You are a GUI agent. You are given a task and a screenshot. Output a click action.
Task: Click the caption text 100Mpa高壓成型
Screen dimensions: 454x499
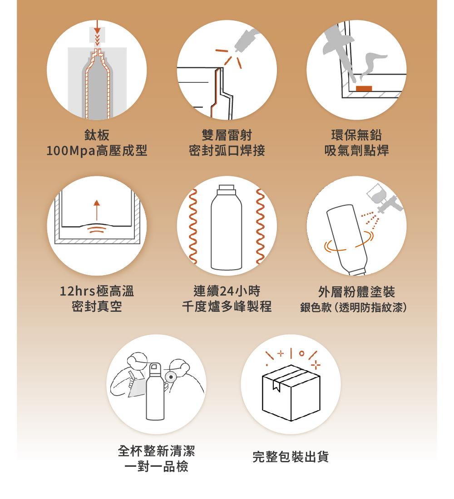coord(97,150)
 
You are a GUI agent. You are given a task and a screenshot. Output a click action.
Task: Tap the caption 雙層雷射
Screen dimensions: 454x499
coord(227,135)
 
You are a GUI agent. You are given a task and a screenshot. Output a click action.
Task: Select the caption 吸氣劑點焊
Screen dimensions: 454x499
coord(356,150)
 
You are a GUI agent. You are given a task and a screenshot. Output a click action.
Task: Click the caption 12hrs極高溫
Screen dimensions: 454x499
coord(97,291)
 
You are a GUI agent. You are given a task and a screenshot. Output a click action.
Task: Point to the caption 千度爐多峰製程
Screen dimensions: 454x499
coord(227,306)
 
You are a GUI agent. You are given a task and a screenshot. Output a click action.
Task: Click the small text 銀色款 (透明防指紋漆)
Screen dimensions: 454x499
coord(353,307)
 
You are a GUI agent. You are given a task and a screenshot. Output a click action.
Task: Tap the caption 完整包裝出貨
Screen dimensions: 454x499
coord(291,457)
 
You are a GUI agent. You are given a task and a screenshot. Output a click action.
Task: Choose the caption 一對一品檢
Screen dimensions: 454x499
coord(156,467)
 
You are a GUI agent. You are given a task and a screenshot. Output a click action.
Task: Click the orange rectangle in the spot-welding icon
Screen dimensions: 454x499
coord(364,88)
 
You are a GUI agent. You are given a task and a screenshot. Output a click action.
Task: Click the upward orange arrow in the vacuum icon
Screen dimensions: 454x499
coord(97,210)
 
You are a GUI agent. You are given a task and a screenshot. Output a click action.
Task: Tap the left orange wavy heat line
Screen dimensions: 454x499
coord(192,227)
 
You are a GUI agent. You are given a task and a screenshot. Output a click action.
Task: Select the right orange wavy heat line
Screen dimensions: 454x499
coord(261,227)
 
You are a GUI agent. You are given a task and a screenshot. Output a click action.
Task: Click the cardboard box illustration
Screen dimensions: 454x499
coord(291,392)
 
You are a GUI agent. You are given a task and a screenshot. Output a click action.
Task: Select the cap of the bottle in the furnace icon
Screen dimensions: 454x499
coord(227,189)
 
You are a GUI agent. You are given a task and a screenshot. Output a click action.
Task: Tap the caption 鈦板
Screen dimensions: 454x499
coord(97,135)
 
